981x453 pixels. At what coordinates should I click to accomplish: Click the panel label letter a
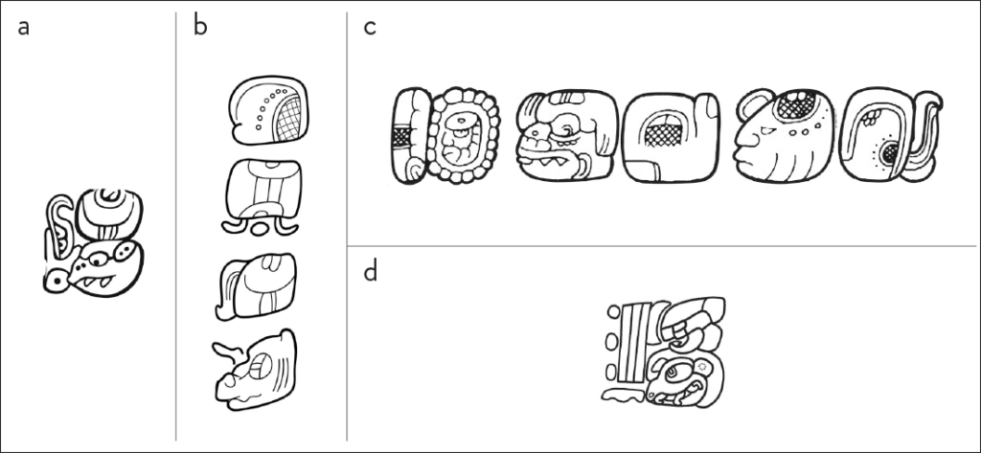24,26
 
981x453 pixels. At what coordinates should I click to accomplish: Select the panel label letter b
200,26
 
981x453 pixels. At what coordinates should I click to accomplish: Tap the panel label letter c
369,26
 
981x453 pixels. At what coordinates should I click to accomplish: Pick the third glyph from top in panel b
258,286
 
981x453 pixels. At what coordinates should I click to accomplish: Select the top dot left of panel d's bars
612,313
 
